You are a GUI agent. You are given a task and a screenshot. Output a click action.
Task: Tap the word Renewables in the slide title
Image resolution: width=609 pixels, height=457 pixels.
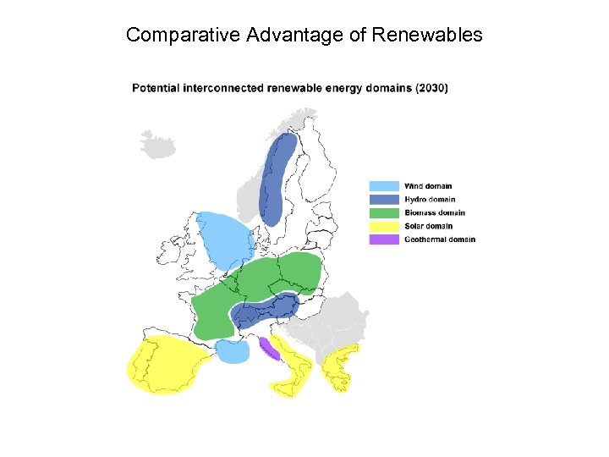pos(432,35)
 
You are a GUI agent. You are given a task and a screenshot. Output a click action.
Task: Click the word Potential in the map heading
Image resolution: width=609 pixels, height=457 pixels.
pos(156,87)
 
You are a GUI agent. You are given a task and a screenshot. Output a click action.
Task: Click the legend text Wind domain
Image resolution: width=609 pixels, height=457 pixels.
pos(428,186)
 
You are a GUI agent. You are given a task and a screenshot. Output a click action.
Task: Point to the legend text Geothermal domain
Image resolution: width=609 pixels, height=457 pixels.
pos(439,240)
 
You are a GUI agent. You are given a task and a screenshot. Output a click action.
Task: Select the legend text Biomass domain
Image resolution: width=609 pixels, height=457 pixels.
pos(434,212)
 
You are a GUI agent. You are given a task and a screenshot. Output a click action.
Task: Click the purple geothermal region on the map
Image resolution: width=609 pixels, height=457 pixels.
pos(270,347)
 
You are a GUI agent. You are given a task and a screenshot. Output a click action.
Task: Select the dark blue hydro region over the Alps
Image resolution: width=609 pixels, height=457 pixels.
pos(264,311)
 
